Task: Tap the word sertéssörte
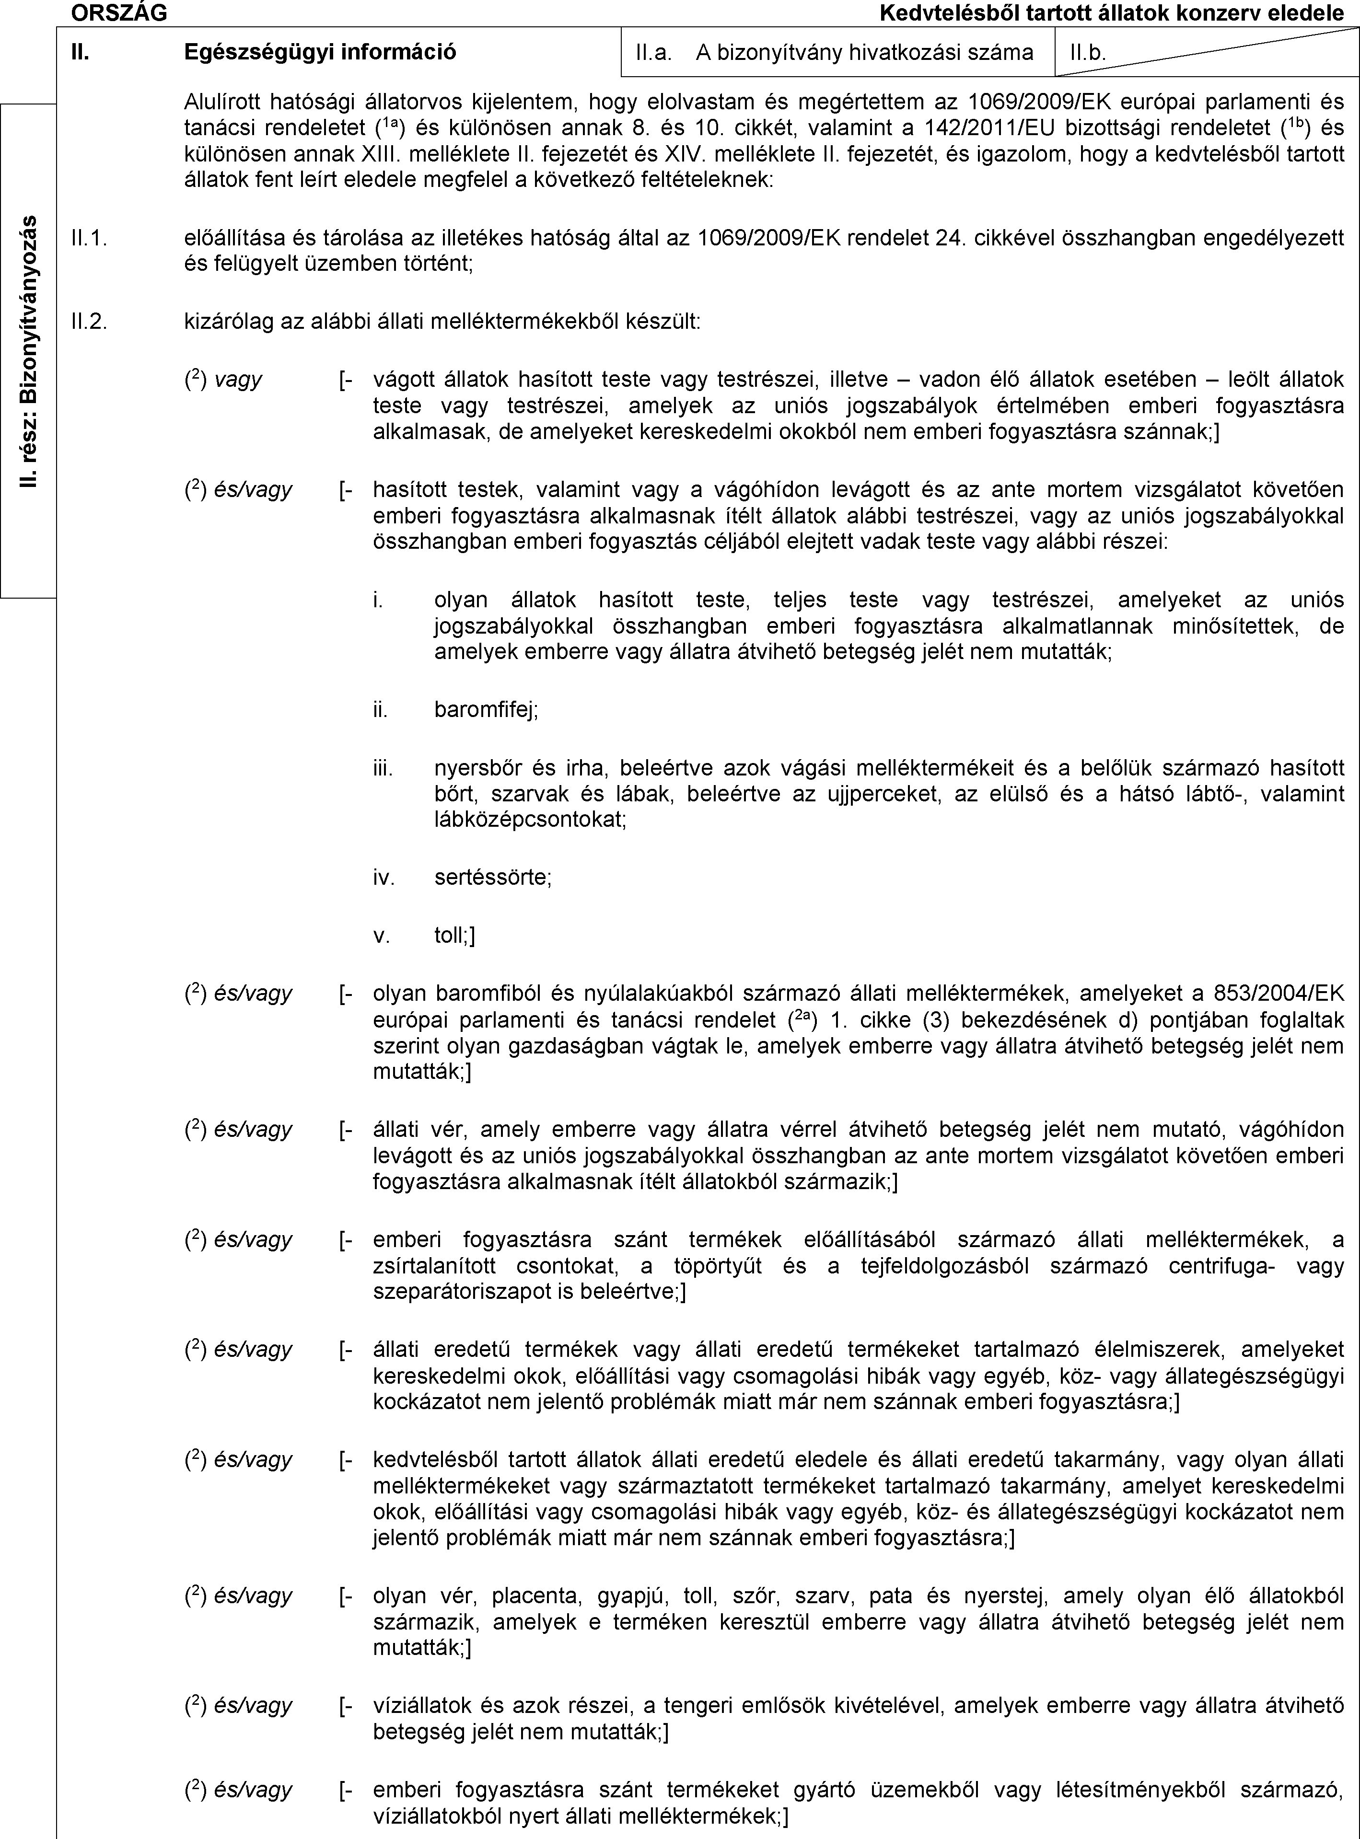click(x=492, y=878)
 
